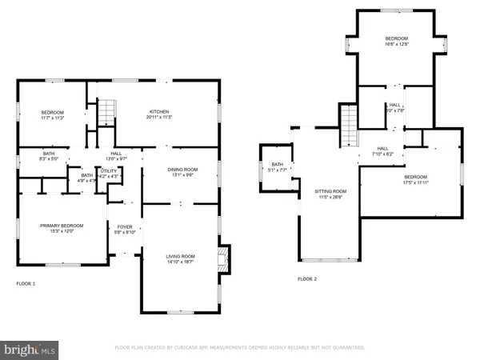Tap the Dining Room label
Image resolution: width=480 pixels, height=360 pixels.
[x=181, y=172]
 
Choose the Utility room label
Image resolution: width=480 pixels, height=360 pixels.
[x=109, y=173]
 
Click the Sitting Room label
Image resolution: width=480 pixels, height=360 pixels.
[x=329, y=194]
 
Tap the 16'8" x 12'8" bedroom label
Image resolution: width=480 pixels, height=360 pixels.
[x=397, y=41]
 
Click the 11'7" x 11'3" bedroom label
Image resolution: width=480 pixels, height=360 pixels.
[x=52, y=114]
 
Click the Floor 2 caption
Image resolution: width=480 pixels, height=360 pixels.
[x=307, y=279]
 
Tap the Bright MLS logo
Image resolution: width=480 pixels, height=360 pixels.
[x=30, y=350]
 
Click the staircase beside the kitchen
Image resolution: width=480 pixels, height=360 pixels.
[x=106, y=113]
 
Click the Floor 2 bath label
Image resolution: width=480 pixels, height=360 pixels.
[x=277, y=167]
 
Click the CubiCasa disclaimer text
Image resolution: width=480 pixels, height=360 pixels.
[x=240, y=348]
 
